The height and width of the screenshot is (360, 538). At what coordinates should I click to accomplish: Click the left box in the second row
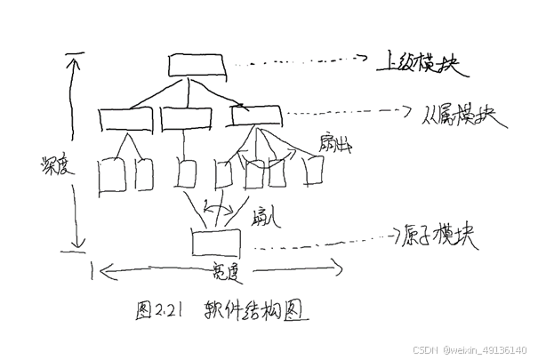(x=125, y=118)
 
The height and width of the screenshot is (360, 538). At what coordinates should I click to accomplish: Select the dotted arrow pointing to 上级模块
(x=302, y=60)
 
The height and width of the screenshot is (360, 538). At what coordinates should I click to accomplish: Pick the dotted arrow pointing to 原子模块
(x=320, y=242)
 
